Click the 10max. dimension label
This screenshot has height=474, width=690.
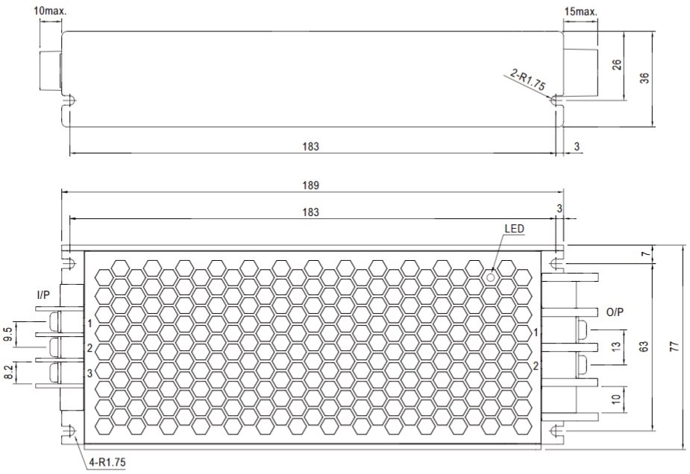pyautogui.click(x=50, y=11)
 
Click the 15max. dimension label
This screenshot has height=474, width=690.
pyautogui.click(x=581, y=11)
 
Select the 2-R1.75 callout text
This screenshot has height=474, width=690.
pyautogui.click(x=528, y=80)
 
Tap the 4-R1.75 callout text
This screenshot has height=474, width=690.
pyautogui.click(x=107, y=462)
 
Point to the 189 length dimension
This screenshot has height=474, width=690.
pyautogui.click(x=310, y=186)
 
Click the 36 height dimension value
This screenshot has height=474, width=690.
pyautogui.click(x=644, y=78)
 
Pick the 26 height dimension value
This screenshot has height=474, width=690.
pyautogui.click(x=617, y=64)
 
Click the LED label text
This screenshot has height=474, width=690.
pyautogui.click(x=515, y=229)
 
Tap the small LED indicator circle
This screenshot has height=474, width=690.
pyautogui.click(x=490, y=277)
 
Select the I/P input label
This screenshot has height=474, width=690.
pyautogui.click(x=43, y=295)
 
